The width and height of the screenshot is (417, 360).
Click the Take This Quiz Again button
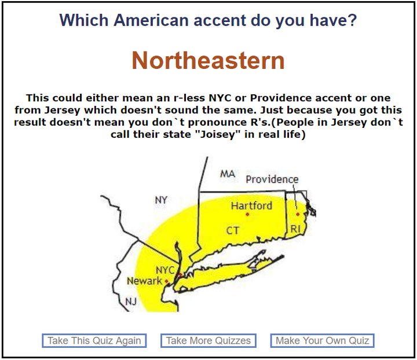[94, 340]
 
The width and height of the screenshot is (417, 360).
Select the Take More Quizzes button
[209, 340]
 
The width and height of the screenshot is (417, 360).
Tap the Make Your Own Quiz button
[322, 340]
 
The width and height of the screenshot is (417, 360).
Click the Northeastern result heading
[209, 61]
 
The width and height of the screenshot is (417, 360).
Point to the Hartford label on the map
[251, 205]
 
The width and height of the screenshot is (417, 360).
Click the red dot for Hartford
[247, 214]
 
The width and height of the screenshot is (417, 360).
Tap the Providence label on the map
[272, 179]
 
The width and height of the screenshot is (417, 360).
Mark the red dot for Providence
[298, 214]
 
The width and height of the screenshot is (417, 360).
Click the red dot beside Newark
[166, 281]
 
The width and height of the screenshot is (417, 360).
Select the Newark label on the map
[144, 281]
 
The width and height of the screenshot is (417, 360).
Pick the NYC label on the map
[165, 270]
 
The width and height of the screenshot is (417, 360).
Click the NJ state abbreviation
[131, 302]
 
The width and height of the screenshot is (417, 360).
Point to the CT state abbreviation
[233, 230]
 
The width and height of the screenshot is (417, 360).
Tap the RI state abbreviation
[295, 229]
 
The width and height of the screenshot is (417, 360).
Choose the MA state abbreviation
[228, 174]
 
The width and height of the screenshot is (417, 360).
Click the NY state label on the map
[161, 200]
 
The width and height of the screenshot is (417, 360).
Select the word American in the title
[151, 20]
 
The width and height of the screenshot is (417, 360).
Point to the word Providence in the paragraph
[281, 98]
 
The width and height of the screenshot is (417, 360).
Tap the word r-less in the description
[189, 98]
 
